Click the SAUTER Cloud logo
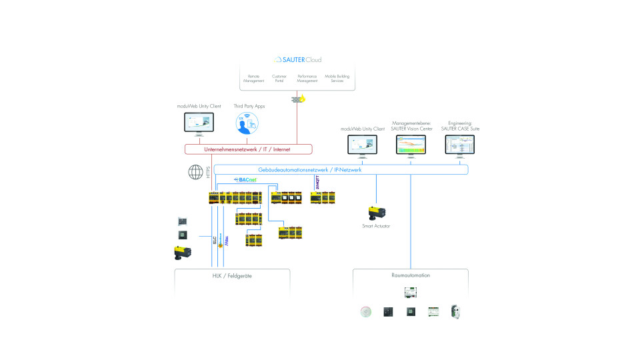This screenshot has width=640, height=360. coord(297,59)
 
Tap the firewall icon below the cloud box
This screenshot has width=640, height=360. coord(297,99)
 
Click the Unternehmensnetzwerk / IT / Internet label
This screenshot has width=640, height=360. coord(247,149)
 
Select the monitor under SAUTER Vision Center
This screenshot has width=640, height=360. coord(415,145)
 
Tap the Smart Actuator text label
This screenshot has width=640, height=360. coord(377,226)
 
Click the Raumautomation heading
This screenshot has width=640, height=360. coord(411,275)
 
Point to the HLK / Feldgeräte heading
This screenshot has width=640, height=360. coord(232,275)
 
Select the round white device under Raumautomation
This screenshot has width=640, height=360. coord(365,311)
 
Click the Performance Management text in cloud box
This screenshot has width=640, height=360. coord(307,79)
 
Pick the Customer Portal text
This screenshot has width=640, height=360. coord(279,79)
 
